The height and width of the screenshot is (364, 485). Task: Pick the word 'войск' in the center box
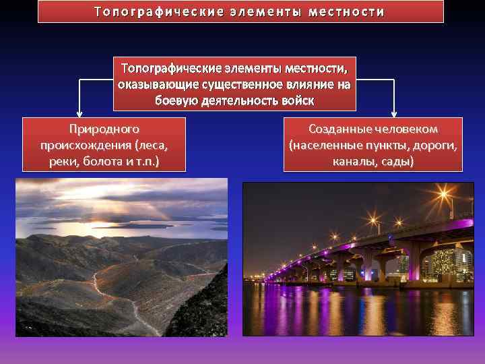[x=298, y=100]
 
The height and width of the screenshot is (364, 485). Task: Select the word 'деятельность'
[x=237, y=100]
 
